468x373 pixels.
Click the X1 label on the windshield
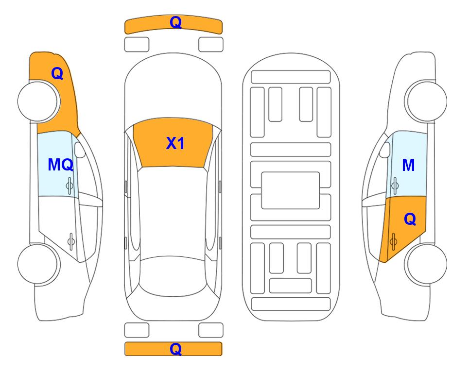tap(175, 143)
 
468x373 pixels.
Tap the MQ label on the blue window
tap(61, 165)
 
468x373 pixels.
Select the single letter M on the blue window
tap(408, 165)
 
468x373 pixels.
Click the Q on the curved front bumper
tap(175, 22)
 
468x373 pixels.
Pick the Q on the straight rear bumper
tap(175, 349)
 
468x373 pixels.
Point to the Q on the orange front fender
tap(57, 73)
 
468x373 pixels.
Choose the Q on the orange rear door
tap(410, 220)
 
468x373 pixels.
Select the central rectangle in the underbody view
tap(291, 190)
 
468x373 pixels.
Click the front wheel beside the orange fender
tap(38, 102)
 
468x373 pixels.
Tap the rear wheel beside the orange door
tap(426, 264)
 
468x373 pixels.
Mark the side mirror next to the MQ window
tap(80, 150)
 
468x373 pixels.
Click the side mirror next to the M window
tap(385, 150)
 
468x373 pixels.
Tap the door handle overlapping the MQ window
tap(69, 186)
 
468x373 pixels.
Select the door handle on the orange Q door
tap(393, 241)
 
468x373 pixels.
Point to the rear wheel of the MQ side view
tap(38, 264)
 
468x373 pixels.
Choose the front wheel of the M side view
tap(426, 102)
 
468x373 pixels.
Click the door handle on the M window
tap(395, 186)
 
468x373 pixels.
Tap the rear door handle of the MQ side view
tap(71, 241)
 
